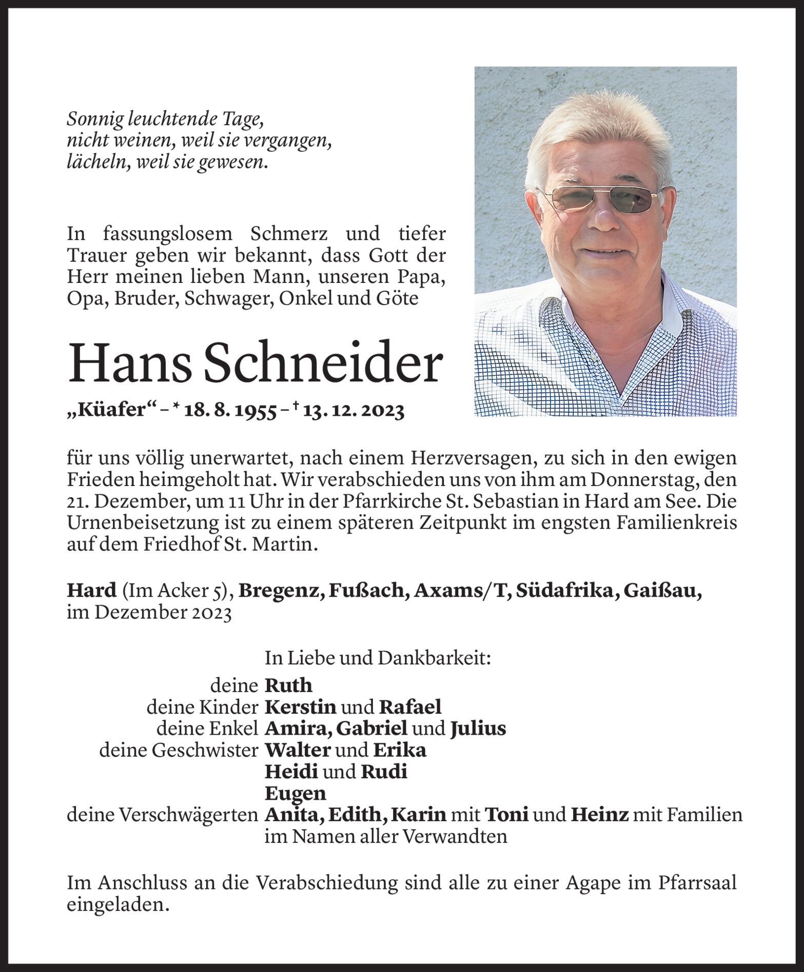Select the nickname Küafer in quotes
[x=111, y=411]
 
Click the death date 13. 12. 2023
[x=353, y=411]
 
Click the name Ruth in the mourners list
[x=288, y=685]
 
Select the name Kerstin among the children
[x=300, y=707]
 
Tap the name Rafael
[x=410, y=707]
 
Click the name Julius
[x=478, y=728]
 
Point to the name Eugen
[x=295, y=794]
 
